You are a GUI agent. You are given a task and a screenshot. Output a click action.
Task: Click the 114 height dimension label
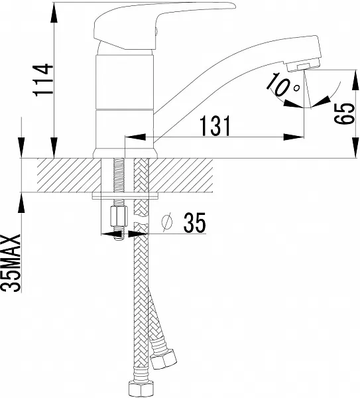click(43, 80)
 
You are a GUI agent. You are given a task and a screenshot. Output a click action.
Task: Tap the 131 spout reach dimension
click(215, 125)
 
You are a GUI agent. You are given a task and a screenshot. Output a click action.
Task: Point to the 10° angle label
click(283, 84)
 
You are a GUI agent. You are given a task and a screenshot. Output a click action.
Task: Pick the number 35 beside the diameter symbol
click(195, 223)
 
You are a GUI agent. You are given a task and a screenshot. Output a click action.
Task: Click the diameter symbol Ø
click(167, 222)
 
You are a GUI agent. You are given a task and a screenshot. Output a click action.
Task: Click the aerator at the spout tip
click(304, 65)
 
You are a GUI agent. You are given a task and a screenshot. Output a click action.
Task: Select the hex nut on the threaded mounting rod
click(119, 216)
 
